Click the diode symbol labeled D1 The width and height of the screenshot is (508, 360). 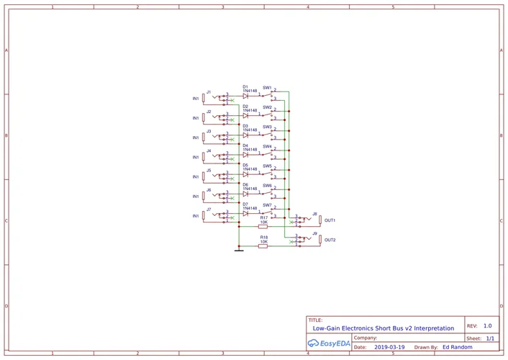coord(245,95)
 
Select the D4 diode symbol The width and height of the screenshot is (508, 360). coord(245,154)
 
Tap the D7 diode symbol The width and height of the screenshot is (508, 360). coord(245,213)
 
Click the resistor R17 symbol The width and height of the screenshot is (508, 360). coord(263,225)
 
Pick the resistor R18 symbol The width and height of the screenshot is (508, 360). coord(263,246)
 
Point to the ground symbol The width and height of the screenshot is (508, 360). coord(239,250)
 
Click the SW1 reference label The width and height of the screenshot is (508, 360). coord(267,87)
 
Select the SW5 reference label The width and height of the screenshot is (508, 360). coord(267,166)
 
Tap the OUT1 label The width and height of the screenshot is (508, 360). coord(330,220)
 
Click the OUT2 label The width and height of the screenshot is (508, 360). coord(330,240)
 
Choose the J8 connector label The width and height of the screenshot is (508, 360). coord(314,214)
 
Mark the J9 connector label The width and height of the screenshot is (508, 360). coord(314,233)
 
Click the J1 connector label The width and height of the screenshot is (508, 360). coord(209,92)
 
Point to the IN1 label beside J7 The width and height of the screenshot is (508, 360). coord(195,216)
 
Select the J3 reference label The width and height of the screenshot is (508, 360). coord(209,132)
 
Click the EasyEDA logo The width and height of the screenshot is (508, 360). coord(329,343)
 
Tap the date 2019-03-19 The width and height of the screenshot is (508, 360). coord(389,347)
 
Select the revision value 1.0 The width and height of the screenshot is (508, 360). coord(487,325)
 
